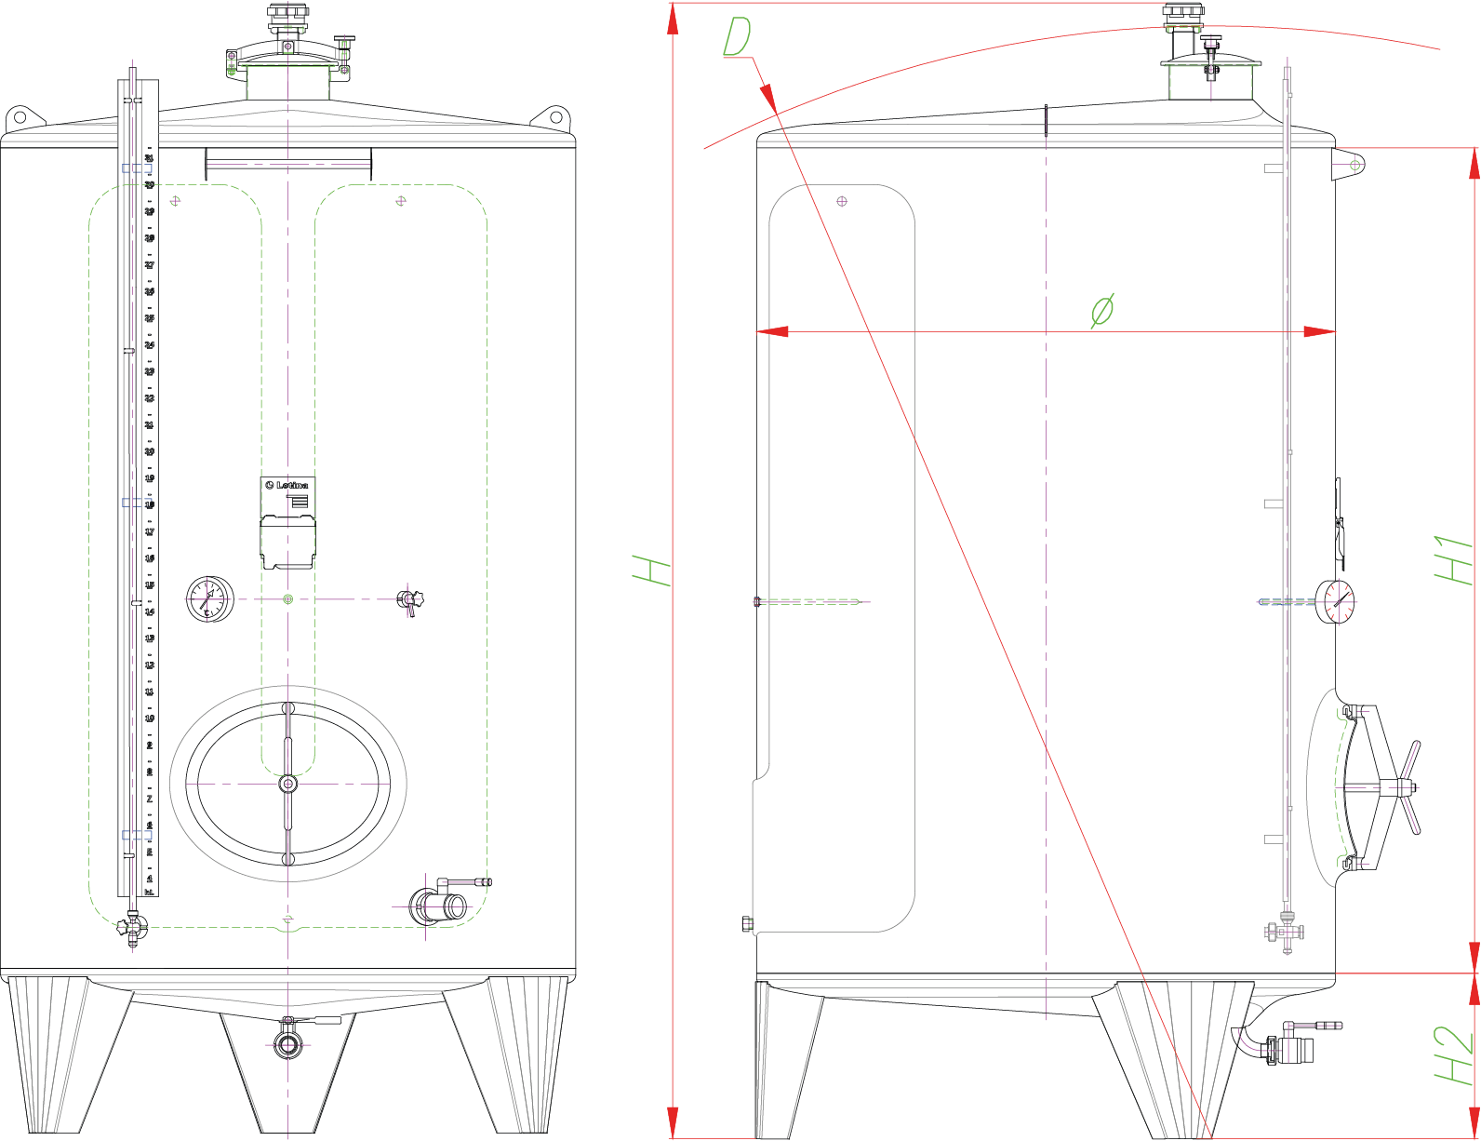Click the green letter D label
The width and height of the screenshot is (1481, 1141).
737,39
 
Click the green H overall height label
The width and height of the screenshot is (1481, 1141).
651,570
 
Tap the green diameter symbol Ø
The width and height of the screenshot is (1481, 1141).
1102,310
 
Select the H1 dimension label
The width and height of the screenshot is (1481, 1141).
1453,559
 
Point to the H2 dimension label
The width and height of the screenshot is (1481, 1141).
1453,1054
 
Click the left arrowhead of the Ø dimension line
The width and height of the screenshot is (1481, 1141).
771,331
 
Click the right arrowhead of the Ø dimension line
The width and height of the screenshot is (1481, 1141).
1320,331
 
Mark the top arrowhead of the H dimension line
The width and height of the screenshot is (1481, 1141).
672,19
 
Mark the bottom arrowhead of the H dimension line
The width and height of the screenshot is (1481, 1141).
672,1121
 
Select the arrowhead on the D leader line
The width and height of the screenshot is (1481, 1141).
767,97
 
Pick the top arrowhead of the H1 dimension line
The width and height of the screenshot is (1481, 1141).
1474,164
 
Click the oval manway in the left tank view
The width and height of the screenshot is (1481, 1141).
287,784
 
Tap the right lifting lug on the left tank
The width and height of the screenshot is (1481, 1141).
554,118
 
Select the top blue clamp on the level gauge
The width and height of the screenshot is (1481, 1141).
137,168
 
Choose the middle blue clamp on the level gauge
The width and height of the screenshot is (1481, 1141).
137,503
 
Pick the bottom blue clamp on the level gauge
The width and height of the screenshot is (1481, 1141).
137,835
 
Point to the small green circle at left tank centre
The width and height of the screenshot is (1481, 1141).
287,599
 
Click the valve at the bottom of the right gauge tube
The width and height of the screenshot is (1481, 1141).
1286,931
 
